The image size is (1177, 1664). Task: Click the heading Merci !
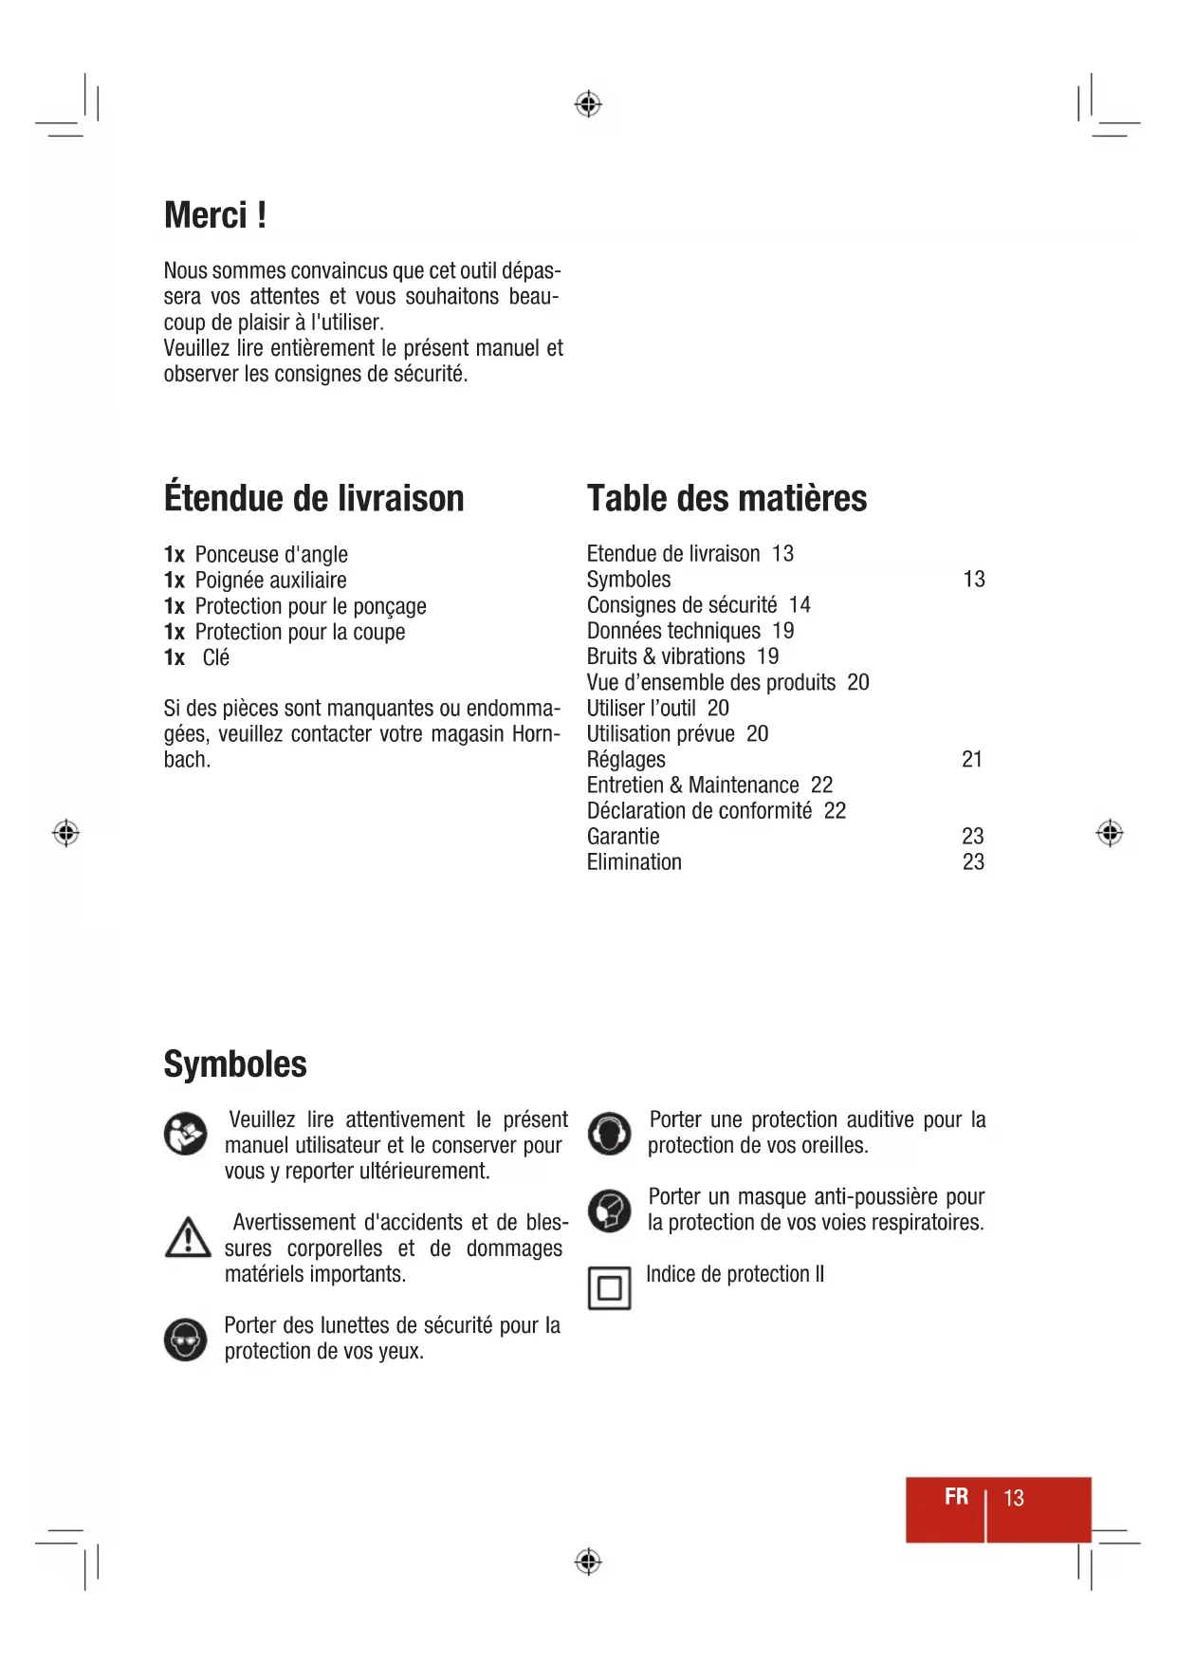pos(215,215)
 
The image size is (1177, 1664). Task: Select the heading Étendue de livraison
pos(314,498)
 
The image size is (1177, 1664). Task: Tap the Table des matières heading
pos(726,498)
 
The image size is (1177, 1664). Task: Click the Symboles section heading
pos(235,1063)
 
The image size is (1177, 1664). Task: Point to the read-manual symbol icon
pos(186,1134)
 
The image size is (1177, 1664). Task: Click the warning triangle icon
pos(188,1238)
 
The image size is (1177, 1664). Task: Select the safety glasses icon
pos(186,1340)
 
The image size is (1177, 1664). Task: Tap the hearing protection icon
pos(609,1134)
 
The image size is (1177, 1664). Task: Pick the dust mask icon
pos(609,1211)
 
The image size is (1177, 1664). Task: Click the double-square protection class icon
pos(609,1288)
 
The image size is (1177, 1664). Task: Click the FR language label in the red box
pos(956,1497)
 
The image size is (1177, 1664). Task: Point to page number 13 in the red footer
pos(1014,1498)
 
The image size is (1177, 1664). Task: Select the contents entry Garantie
pos(623,837)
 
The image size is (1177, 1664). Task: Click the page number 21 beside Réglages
pos(972,760)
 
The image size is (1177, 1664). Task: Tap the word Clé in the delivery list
pos(216,658)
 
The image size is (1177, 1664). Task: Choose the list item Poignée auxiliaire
pos(270,581)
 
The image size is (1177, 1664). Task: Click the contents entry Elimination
pos(634,862)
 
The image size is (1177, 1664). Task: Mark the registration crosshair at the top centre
pos(588,103)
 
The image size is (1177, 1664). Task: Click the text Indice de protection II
pos(735,1274)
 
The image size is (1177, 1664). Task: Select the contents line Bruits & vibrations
pos(683,656)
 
